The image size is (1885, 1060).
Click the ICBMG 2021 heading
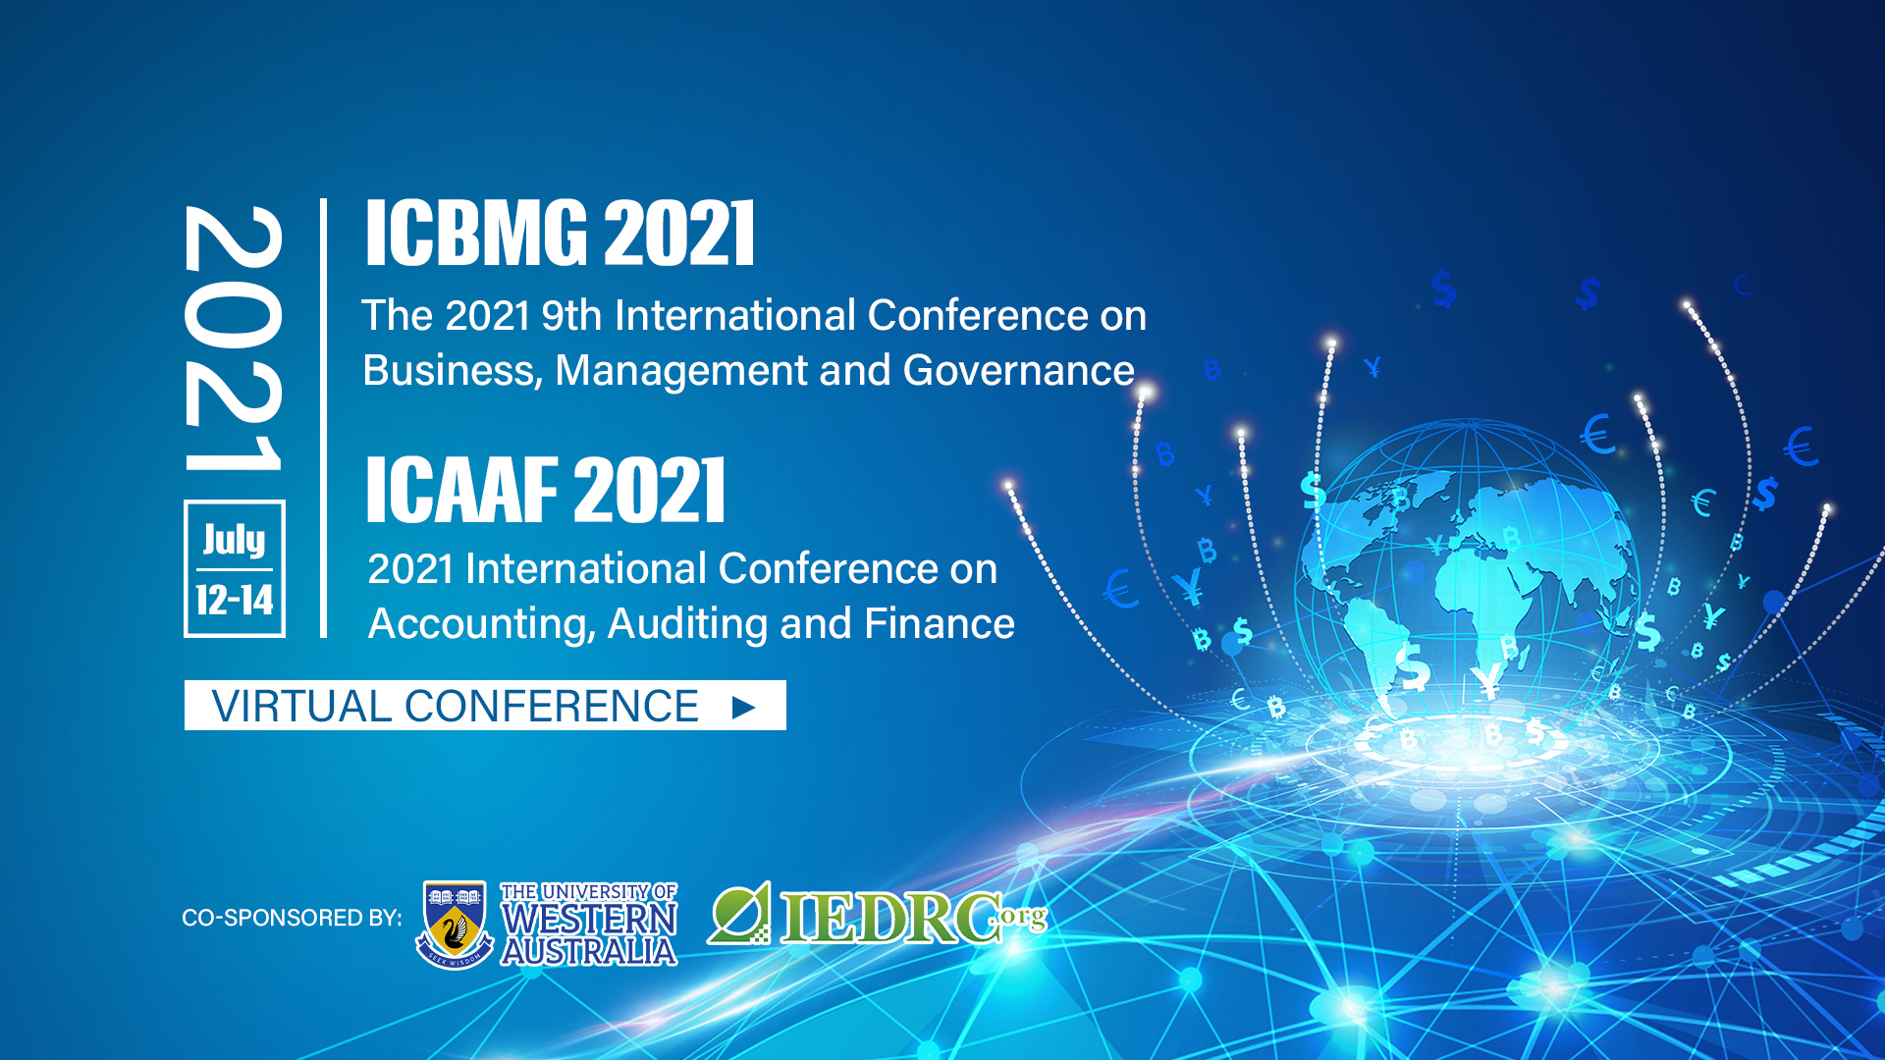pyautogui.click(x=560, y=233)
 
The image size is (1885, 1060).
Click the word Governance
pyautogui.click(x=1018, y=371)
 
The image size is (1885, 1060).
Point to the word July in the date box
pyautogui.click(x=234, y=539)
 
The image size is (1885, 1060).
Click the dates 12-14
pyautogui.click(x=234, y=600)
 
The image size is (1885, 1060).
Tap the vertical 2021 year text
pyautogui.click(x=234, y=338)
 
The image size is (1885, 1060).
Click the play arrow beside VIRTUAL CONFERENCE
pyautogui.click(x=743, y=707)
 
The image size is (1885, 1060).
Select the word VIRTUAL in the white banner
pyautogui.click(x=302, y=707)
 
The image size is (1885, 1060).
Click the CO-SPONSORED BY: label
pyautogui.click(x=292, y=918)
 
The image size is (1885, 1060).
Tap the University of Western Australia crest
pyautogui.click(x=454, y=924)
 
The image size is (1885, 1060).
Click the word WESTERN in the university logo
pyautogui.click(x=589, y=920)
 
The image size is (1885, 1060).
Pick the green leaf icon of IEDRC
pyautogui.click(x=739, y=913)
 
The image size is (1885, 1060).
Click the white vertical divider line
pyautogui.click(x=323, y=418)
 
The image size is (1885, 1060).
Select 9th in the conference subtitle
pyautogui.click(x=571, y=316)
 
